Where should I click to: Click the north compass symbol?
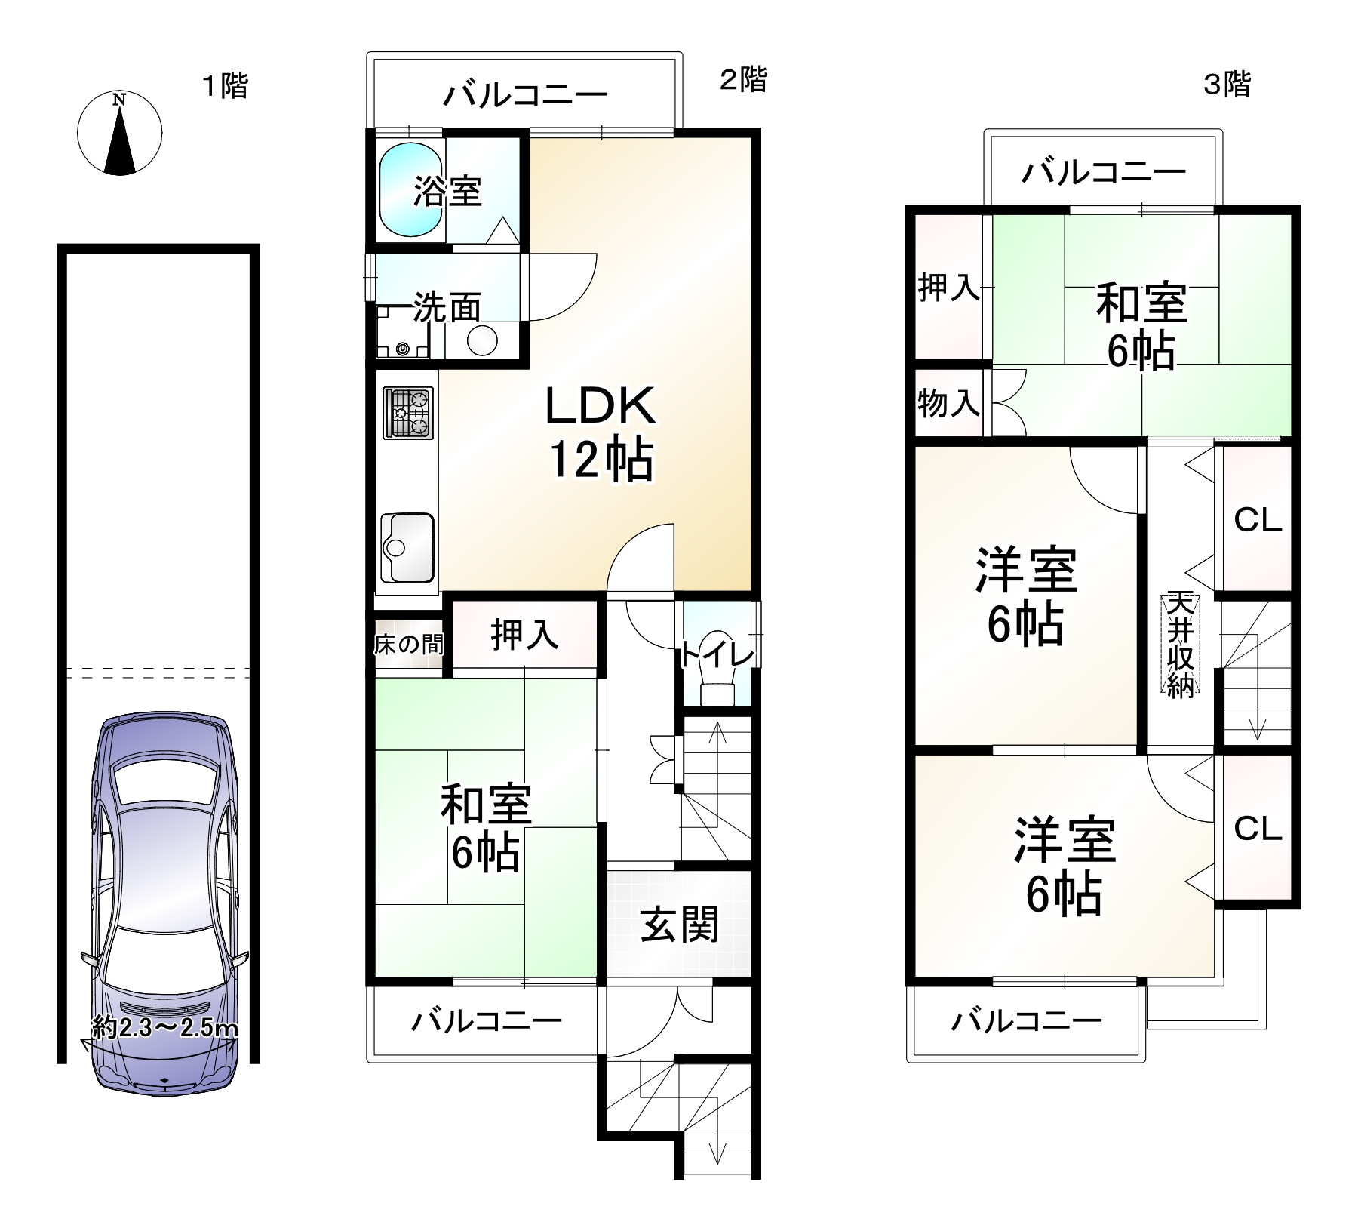pyautogui.click(x=119, y=134)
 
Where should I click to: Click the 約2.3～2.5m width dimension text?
pyautogui.click(x=164, y=1027)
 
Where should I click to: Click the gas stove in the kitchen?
pyautogui.click(x=408, y=413)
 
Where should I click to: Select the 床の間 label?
pyautogui.click(x=408, y=644)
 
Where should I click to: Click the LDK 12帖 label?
pyautogui.click(x=601, y=432)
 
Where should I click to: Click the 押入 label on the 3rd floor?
pyautogui.click(x=948, y=288)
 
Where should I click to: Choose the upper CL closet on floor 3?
pyautogui.click(x=1258, y=519)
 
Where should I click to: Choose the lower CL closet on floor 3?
pyautogui.click(x=1258, y=829)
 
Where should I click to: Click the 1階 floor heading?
pyautogui.click(x=225, y=85)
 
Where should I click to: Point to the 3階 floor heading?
pyautogui.click(x=1226, y=84)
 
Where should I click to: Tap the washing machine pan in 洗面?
pyautogui.click(x=403, y=332)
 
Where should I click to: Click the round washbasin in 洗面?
pyautogui.click(x=482, y=340)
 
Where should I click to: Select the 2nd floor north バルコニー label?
pyautogui.click(x=524, y=96)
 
